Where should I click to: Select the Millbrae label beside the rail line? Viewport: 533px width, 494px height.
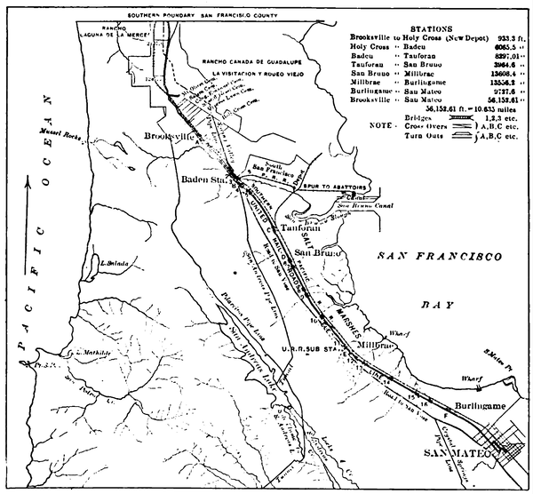click(376, 344)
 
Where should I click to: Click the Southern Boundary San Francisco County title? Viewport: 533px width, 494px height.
click(213, 18)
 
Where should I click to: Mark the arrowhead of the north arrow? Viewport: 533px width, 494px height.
click(28, 180)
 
